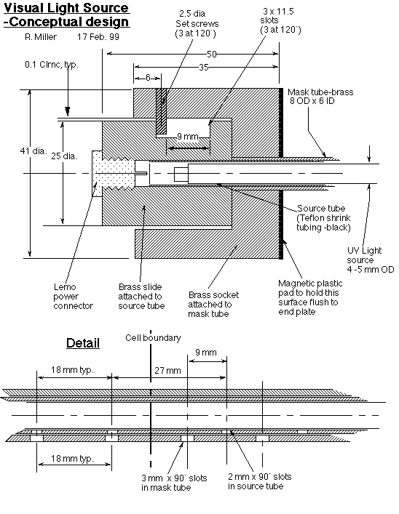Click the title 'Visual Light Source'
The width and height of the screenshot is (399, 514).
point(67,8)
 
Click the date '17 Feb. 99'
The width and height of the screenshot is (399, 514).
point(98,36)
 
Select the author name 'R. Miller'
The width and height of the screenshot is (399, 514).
point(41,36)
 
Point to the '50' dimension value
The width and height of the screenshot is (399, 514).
point(212,54)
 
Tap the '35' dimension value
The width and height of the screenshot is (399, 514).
point(204,67)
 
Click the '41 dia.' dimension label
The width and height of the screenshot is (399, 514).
point(33,151)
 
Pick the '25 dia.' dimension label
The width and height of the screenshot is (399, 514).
point(64,156)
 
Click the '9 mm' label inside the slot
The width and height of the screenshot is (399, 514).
point(188,137)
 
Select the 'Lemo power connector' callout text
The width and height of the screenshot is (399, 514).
point(74,297)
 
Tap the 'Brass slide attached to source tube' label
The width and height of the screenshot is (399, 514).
point(141,297)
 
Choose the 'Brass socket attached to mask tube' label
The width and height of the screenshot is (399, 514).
point(213,305)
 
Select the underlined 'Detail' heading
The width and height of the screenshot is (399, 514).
point(83,343)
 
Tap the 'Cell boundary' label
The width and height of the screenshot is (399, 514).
point(153,338)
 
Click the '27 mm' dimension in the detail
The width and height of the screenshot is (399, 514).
point(167,371)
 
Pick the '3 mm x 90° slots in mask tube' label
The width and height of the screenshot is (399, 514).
point(174,483)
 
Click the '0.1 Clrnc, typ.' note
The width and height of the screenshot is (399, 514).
point(52,65)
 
